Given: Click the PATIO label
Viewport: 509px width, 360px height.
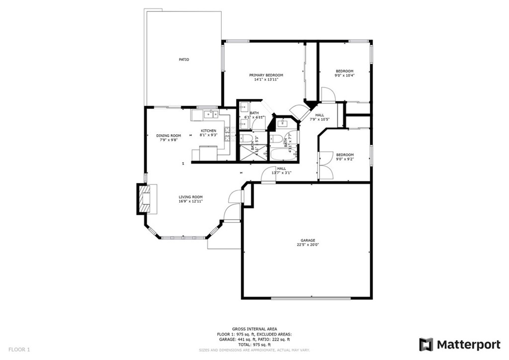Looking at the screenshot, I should pos(184,60).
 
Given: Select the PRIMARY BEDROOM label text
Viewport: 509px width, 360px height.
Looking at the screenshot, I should pos(262,75).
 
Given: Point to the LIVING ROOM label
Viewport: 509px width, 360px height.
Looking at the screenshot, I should pos(191,197).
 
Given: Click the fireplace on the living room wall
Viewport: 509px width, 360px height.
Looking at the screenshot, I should pos(145,199).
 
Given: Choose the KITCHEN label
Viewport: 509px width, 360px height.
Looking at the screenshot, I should pos(208,131).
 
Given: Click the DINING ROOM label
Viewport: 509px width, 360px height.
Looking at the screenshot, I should pos(169,136).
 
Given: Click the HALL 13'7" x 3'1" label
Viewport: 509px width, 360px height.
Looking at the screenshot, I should pos(281,171).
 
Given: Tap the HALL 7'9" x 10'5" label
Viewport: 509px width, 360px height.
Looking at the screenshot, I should pos(320,117).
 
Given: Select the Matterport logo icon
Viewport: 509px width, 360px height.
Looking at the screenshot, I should pos(426,345).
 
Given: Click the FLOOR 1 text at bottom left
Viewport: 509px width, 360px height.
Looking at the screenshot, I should pos(19,350).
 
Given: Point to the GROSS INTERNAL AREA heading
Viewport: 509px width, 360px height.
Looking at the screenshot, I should pos(254,329).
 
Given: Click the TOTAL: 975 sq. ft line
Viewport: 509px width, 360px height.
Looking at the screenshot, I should pos(254,345).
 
